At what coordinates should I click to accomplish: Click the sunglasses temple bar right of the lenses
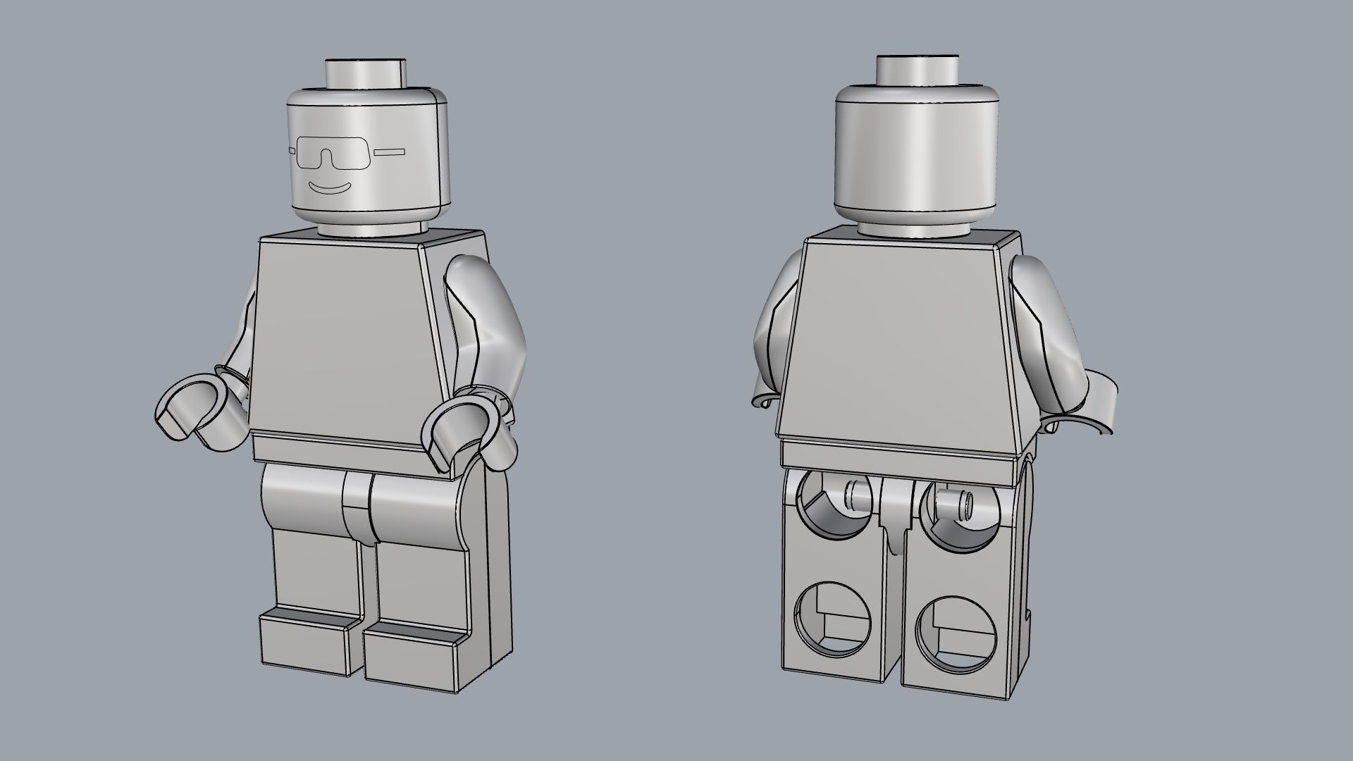(x=390, y=151)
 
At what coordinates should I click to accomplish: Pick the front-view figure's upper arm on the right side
(x=486, y=317)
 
